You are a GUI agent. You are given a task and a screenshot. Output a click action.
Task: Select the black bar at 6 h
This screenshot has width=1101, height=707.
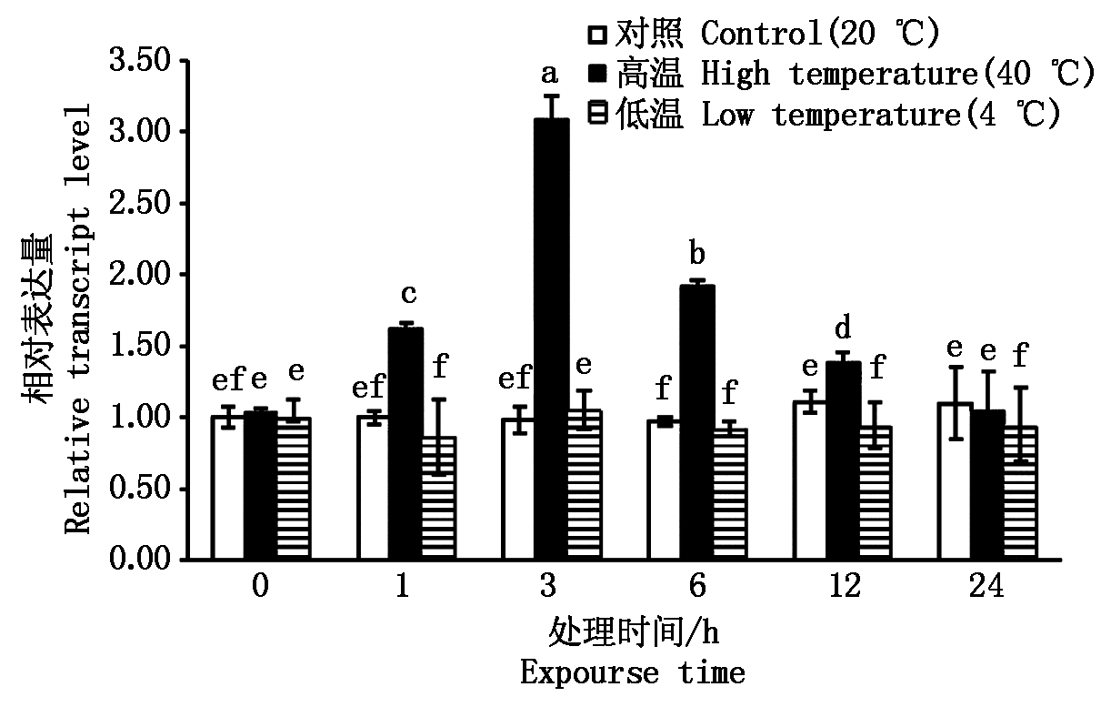[x=697, y=422]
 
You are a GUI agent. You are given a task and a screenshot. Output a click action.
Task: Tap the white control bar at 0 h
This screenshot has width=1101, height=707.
[x=227, y=488]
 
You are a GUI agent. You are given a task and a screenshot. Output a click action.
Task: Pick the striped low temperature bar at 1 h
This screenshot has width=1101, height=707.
[x=438, y=498]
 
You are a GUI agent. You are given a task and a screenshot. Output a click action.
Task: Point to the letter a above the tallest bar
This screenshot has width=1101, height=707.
[x=549, y=71]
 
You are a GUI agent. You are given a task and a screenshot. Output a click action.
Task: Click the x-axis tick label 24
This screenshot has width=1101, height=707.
[x=986, y=587]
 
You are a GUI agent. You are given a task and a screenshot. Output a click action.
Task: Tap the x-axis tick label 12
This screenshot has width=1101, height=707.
[x=845, y=587]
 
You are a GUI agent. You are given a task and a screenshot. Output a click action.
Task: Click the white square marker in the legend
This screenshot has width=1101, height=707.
[x=596, y=35]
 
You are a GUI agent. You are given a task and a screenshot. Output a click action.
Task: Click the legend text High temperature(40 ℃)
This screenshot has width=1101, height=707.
[x=896, y=75]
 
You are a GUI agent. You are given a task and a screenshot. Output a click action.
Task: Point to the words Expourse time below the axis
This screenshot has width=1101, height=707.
[x=633, y=673]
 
